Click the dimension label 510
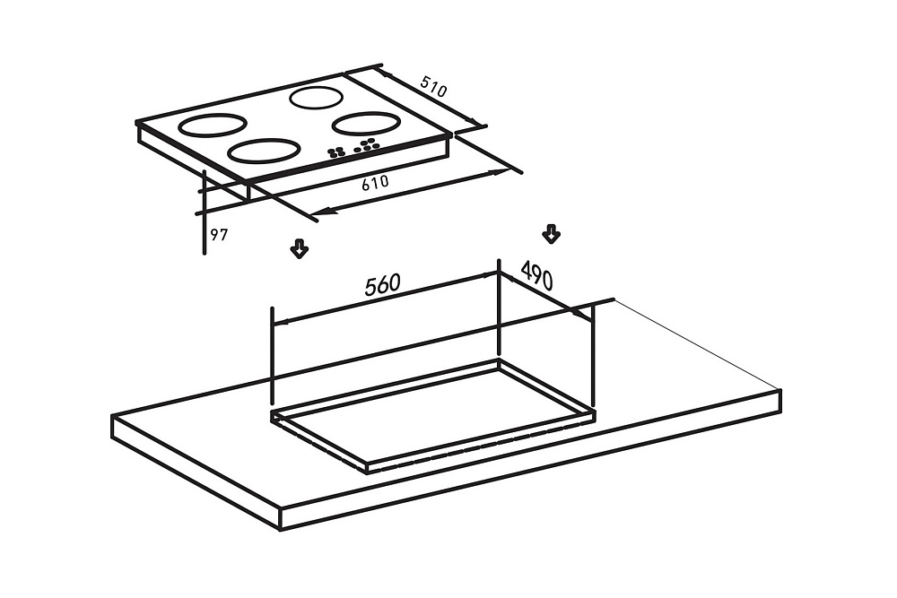tap(433, 86)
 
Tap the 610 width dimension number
tap(375, 183)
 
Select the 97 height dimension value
tap(219, 234)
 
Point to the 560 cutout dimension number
tap(383, 285)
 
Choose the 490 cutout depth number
tap(536, 275)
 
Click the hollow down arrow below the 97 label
tap(300, 248)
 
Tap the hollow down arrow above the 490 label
tap(551, 234)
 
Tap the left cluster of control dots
tap(335, 152)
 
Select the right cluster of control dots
tap(367, 145)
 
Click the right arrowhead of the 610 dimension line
tap(501, 171)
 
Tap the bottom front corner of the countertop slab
tap(280, 529)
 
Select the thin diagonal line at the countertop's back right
tap(697, 344)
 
